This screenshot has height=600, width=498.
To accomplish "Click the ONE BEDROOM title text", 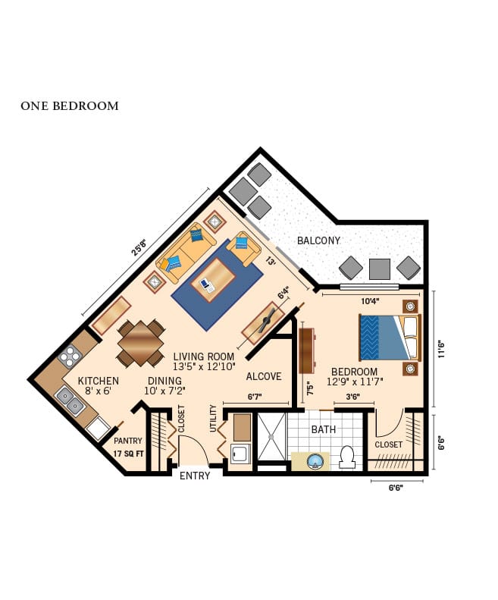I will (70, 106).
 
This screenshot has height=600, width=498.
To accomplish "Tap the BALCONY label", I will (318, 240).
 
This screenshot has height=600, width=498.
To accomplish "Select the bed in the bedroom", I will (389, 337).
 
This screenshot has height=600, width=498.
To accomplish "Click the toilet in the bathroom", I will (348, 457).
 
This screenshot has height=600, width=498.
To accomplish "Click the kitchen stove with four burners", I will (70, 356).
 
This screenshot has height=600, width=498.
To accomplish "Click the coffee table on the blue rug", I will (212, 279).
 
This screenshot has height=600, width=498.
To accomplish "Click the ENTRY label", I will (195, 476).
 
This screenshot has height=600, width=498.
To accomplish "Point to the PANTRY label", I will (127, 441).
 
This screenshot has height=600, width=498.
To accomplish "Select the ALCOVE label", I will (264, 376).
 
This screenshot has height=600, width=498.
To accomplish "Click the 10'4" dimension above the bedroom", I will (370, 301).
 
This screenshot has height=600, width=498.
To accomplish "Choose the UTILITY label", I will (213, 419).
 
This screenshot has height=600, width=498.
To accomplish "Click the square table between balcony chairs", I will (380, 269).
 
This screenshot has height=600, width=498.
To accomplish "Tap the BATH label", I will (323, 429).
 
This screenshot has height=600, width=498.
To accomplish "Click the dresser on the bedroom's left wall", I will (306, 349).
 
